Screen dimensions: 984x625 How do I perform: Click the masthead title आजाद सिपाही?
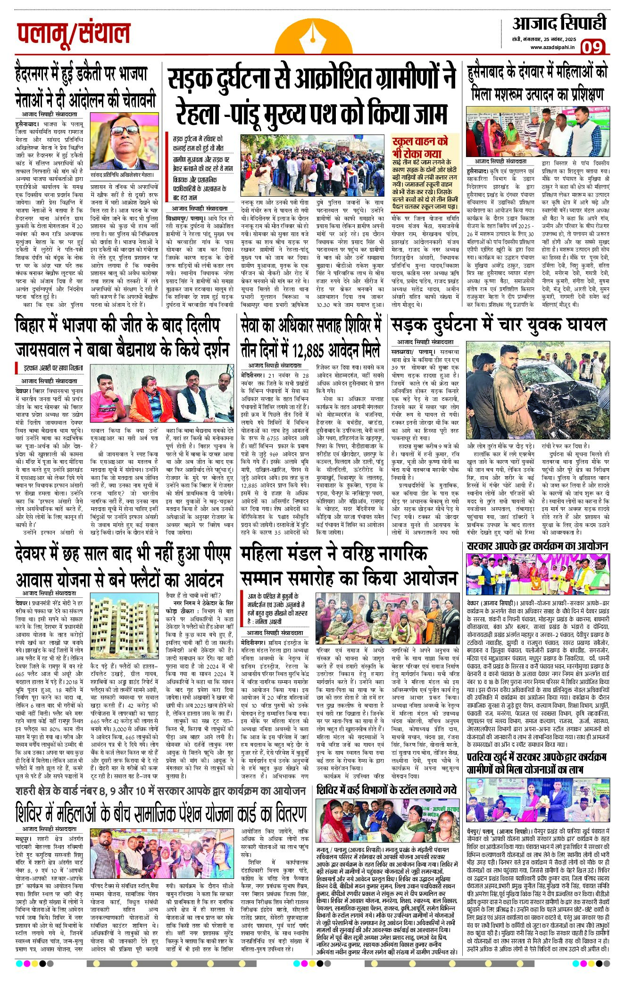click(x=559, y=23)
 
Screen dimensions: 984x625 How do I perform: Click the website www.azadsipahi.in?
click(x=552, y=47)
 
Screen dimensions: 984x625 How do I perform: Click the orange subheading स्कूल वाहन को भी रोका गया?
click(x=419, y=147)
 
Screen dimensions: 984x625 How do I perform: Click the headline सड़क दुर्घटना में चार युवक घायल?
click(x=498, y=325)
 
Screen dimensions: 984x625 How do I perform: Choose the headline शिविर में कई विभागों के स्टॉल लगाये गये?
click(x=387, y=790)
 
